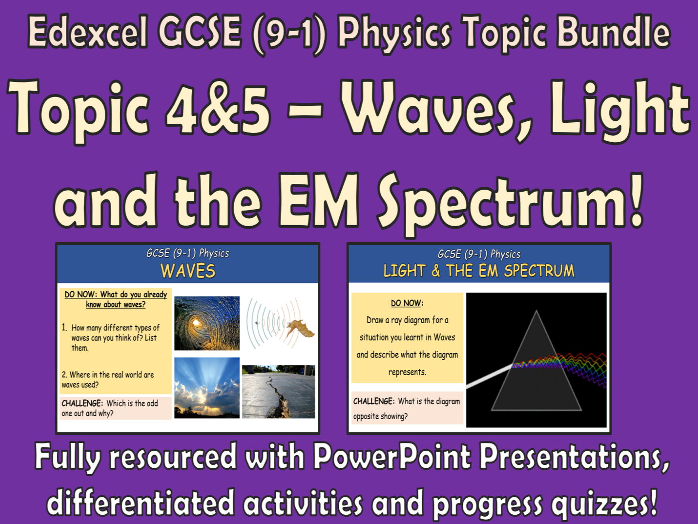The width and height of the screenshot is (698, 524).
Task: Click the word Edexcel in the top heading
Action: [x=88, y=32]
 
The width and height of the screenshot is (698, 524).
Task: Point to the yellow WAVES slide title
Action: [x=188, y=271]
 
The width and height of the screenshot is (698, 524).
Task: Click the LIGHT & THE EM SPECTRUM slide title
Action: [x=479, y=271]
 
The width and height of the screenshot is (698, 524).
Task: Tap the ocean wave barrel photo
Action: [x=207, y=323]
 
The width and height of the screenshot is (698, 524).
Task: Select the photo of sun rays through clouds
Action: [x=207, y=388]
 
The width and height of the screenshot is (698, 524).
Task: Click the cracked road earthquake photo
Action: [x=278, y=392]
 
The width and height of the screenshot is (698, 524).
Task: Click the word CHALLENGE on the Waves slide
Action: [x=82, y=403]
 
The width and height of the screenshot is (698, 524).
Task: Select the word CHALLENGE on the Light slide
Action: [x=374, y=401]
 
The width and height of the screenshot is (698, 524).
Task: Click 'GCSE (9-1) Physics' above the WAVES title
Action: [x=188, y=253]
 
